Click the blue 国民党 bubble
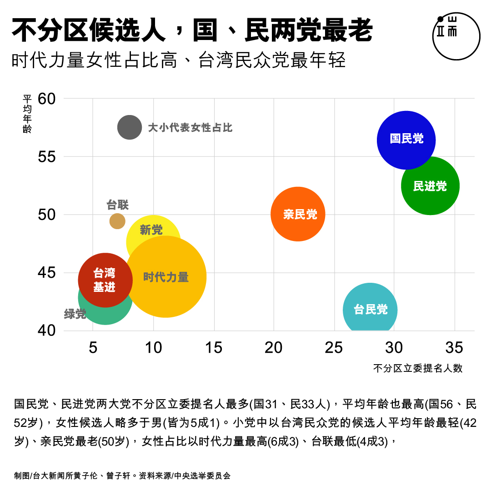pyautogui.click(x=406, y=140)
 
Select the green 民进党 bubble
pyautogui.click(x=430, y=186)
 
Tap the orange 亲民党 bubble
pyautogui.click(x=298, y=214)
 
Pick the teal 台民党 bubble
pyautogui.click(x=370, y=310)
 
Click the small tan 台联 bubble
pyautogui.click(x=117, y=221)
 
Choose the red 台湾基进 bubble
pyautogui.click(x=105, y=280)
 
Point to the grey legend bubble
pyautogui.click(x=130, y=128)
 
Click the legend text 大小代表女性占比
pyautogui.click(x=190, y=128)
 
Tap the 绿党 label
pyautogui.click(x=75, y=314)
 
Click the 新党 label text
pyautogui.click(x=151, y=230)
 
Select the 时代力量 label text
pyautogui.click(x=166, y=277)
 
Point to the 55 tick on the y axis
pyautogui.click(x=47, y=157)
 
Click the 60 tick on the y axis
pyautogui.click(x=47, y=99)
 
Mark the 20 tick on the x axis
pyautogui.click(x=274, y=348)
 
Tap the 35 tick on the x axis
pyautogui.click(x=454, y=348)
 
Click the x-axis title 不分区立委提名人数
pyautogui.click(x=418, y=368)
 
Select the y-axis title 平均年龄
pyautogui.click(x=27, y=114)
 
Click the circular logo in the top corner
pyautogui.click(x=456, y=36)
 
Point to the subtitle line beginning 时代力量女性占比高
pyautogui.click(x=179, y=60)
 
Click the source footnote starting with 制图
pyautogui.click(x=122, y=476)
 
